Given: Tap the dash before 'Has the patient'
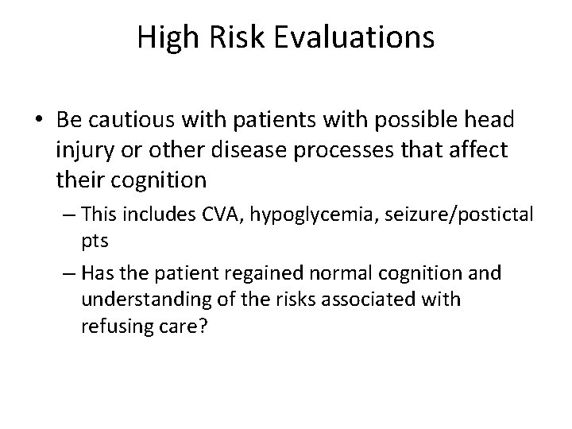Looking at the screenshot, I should (68, 274).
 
